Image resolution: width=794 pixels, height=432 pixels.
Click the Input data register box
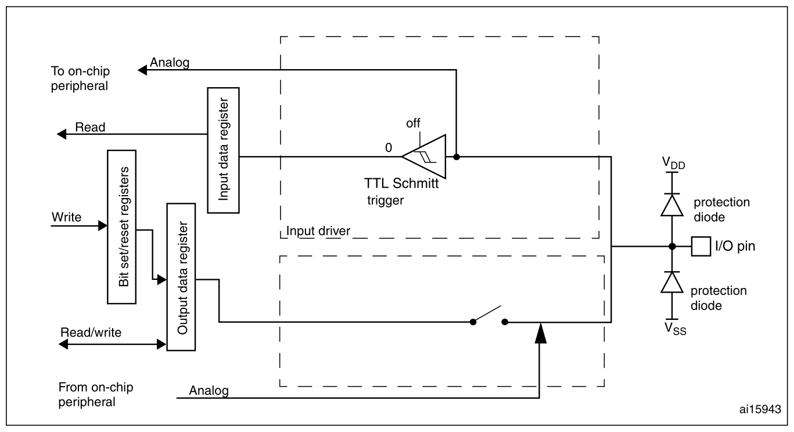[x=223, y=150]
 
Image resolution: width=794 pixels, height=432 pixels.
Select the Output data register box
[x=181, y=277]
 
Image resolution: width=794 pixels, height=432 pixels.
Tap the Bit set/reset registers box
[x=121, y=227]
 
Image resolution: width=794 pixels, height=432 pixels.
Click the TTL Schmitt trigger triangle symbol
[x=423, y=157]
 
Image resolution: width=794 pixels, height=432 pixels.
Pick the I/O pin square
[x=700, y=246]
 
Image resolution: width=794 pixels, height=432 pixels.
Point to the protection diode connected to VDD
[x=671, y=205]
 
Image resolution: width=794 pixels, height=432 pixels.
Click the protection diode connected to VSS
[x=671, y=282]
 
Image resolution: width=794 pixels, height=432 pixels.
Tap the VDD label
[x=673, y=163]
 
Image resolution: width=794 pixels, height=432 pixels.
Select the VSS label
[x=675, y=329]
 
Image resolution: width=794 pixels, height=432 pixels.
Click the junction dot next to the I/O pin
[x=671, y=246]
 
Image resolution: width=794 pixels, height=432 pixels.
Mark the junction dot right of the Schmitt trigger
[x=457, y=157]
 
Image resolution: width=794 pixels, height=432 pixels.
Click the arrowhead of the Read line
[x=62, y=134]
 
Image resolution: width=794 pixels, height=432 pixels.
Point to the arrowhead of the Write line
[x=103, y=226]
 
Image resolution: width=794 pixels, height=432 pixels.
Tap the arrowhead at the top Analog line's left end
[x=142, y=70]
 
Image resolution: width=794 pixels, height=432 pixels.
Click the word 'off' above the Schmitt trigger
[x=413, y=123]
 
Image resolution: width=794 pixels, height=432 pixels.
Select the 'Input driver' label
[x=318, y=231]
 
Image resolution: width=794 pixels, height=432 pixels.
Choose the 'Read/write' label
[x=91, y=332]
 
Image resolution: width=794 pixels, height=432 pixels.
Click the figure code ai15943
[x=760, y=409]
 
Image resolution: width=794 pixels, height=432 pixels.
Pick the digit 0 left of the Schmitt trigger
[x=389, y=148]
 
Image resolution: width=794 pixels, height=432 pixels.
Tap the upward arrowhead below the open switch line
[x=540, y=333]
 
